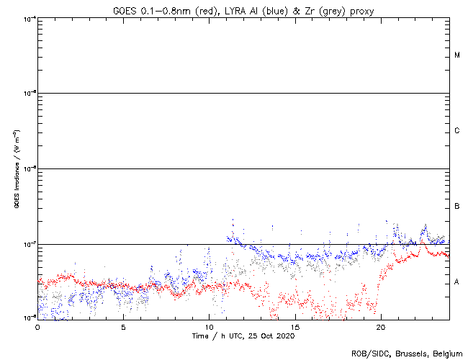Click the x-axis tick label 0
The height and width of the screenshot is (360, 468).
tap(37, 326)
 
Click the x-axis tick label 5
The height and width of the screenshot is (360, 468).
tap(123, 326)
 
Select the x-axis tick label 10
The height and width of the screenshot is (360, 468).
tap(209, 326)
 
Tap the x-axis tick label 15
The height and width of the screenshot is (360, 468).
tap(294, 326)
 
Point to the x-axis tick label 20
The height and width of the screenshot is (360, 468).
tap(380, 326)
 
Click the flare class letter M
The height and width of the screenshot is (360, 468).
tap(457, 55)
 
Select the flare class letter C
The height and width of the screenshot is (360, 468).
tap(457, 131)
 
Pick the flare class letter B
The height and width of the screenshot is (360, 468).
tap(457, 207)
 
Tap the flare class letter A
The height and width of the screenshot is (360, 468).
tap(457, 282)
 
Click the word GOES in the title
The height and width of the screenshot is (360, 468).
tap(125, 11)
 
